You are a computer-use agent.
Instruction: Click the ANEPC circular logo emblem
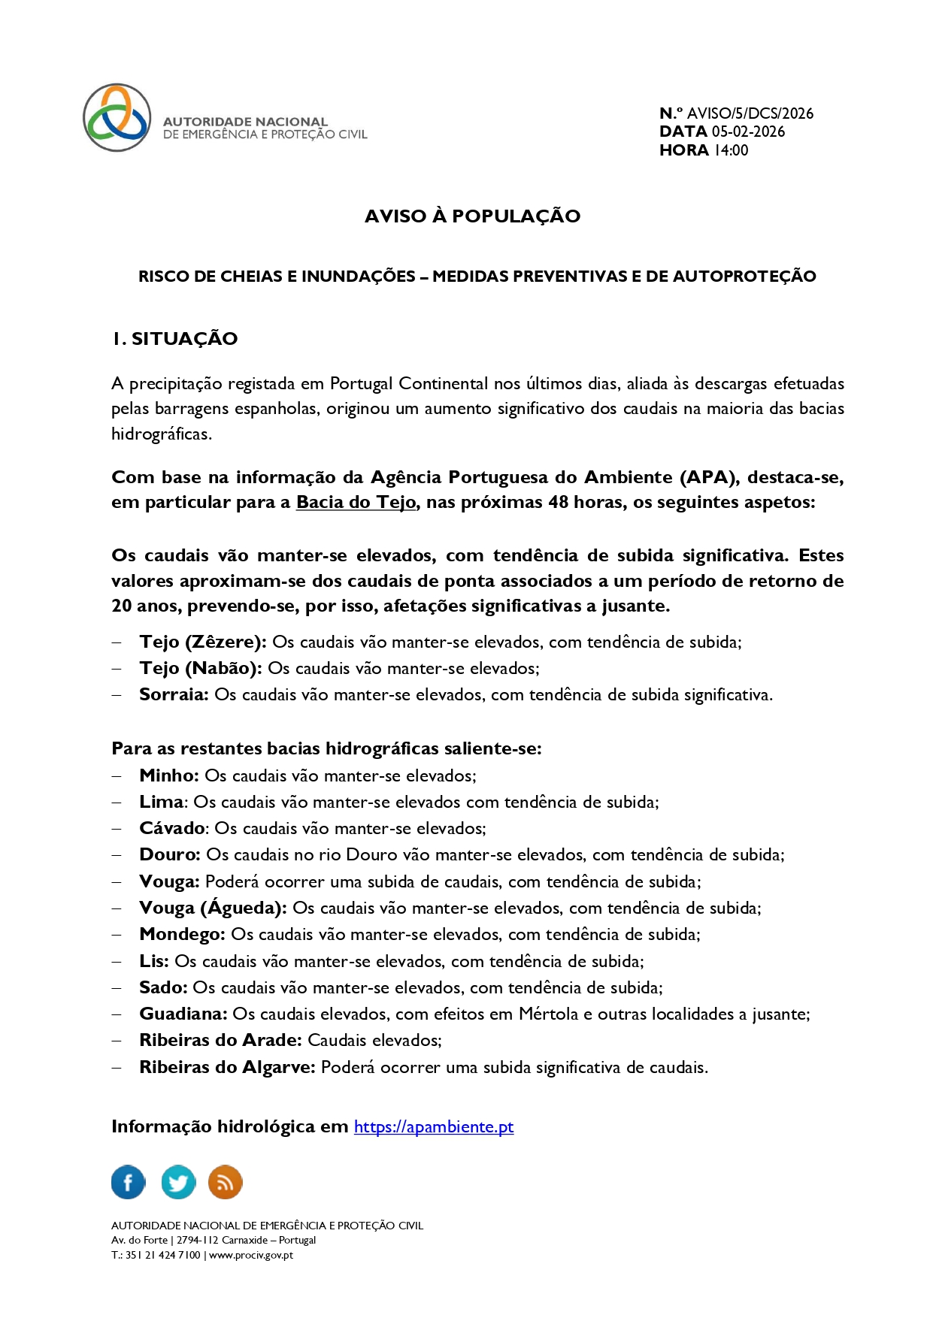pos(117,118)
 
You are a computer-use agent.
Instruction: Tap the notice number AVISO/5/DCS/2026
pos(750,113)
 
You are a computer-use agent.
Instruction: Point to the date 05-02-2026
pos(748,131)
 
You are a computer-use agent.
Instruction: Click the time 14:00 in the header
pos(731,150)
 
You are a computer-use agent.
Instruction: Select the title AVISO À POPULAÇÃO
pos(472,216)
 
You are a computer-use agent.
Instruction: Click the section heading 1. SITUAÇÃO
pos(174,339)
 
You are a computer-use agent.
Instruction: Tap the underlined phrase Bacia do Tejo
pos(356,502)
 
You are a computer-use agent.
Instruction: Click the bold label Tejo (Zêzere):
pos(203,642)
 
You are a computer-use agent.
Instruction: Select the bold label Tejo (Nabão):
pos(201,668)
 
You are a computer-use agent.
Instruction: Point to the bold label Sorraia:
pos(174,694)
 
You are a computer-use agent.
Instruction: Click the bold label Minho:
pos(169,775)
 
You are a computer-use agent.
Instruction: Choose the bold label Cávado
pos(172,828)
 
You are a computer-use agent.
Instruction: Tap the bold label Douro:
pos(170,854)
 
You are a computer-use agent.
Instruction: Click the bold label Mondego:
pos(182,934)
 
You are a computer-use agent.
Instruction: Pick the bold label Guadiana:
pos(183,1014)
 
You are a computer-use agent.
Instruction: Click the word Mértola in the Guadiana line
pos(548,1014)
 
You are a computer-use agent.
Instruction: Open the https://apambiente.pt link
pos(434,1126)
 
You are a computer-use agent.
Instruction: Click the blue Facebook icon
pos(129,1182)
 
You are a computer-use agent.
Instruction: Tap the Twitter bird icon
pos(178,1182)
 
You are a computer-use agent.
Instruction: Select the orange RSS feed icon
pos(225,1182)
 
